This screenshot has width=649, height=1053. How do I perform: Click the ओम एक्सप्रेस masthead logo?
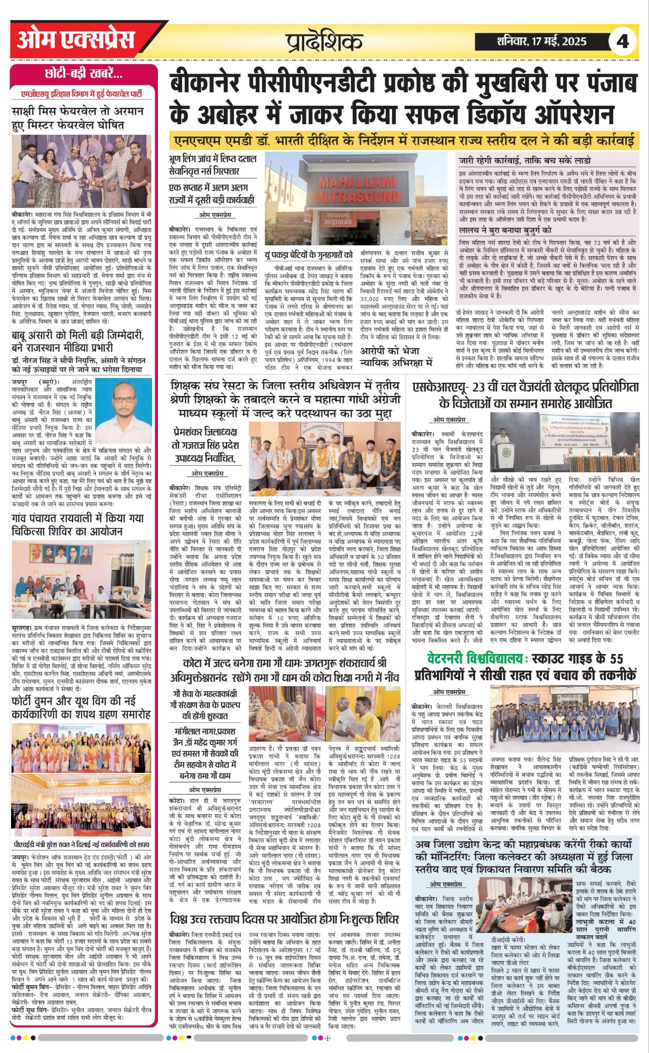(76, 40)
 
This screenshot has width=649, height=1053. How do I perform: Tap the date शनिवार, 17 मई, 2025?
(542, 42)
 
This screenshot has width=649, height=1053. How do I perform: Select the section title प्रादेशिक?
(324, 42)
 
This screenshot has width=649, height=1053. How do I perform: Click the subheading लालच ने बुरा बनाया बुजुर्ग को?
(505, 230)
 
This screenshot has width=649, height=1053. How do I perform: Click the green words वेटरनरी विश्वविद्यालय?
(477, 658)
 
